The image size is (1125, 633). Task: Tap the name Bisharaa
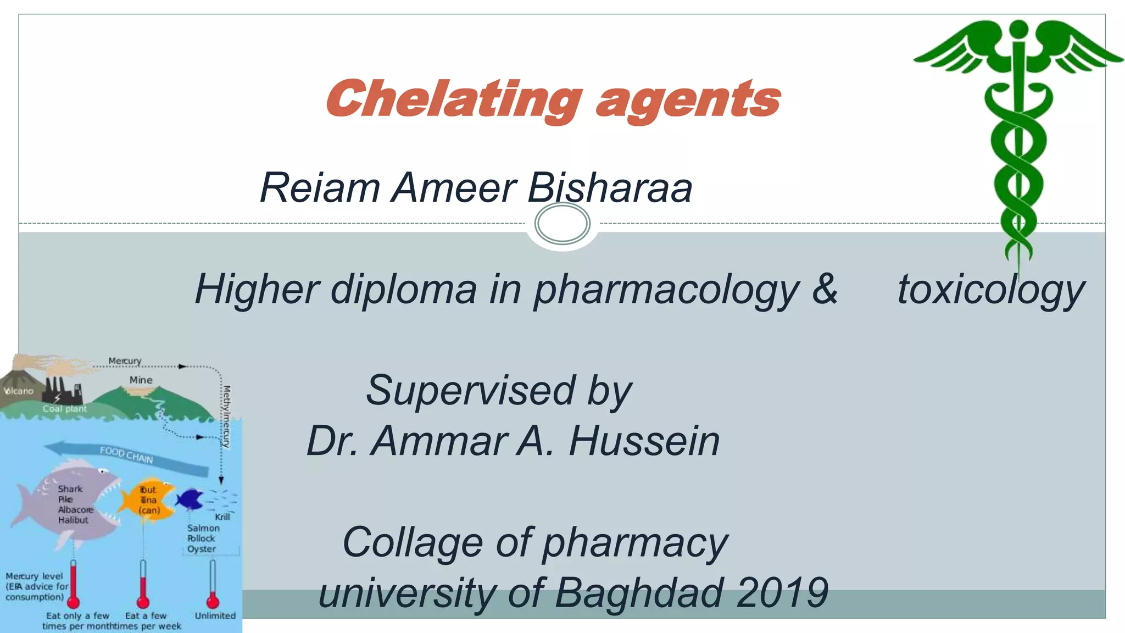pos(610,188)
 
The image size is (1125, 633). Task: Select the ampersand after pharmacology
pos(825,289)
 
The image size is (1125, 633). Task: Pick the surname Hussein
pos(644,441)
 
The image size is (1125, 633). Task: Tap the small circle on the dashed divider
pos(562,223)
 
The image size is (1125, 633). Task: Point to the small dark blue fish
pos(190,499)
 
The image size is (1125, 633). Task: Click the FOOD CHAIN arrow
pos(127,457)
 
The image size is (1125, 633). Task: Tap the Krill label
pos(222,517)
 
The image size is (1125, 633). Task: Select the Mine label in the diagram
pos(141,380)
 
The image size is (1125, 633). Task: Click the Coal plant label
pos(65,409)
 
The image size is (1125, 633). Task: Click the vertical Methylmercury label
pos(226,416)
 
